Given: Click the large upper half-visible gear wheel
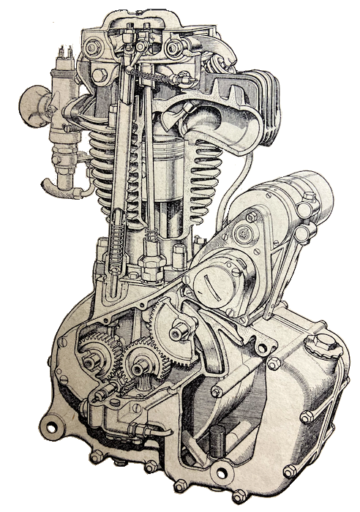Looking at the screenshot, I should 176,329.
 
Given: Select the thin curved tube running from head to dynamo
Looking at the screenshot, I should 227,183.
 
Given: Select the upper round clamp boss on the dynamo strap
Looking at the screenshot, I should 251,217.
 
